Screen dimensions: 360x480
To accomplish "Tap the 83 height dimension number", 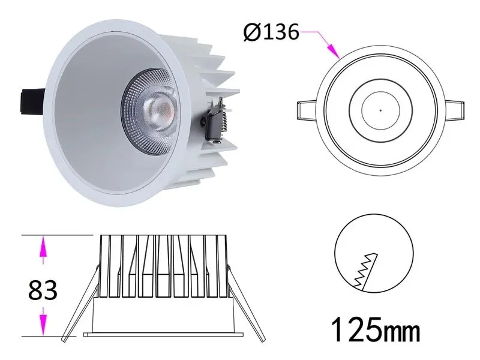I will [43, 291].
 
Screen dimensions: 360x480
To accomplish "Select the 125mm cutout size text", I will [376, 329].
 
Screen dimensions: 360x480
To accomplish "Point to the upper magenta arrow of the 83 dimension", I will [43, 249].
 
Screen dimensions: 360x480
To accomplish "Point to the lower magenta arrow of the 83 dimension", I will [43, 321].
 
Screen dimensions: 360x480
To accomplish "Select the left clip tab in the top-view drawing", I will [307, 112].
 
